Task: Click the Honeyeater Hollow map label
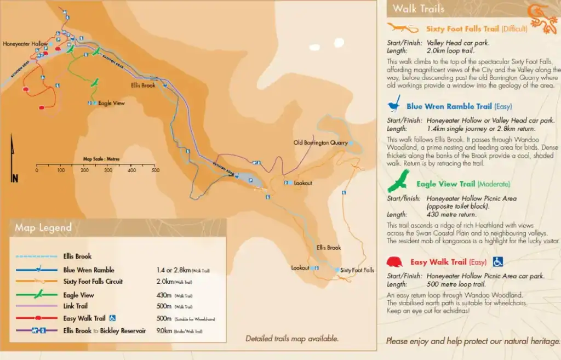coord(25,43)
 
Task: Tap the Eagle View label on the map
coord(111,103)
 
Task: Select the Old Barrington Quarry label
coord(320,143)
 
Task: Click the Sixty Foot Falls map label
coord(357,270)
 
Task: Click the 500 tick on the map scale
coord(156,170)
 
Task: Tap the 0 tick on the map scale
coord(37,170)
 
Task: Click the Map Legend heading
coord(43,228)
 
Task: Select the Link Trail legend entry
coord(75,306)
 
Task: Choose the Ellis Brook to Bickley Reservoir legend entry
coord(104,330)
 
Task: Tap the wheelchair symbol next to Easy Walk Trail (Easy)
coord(498,261)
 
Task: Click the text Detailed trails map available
coord(292,339)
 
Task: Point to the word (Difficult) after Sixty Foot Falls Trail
coord(514,28)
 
